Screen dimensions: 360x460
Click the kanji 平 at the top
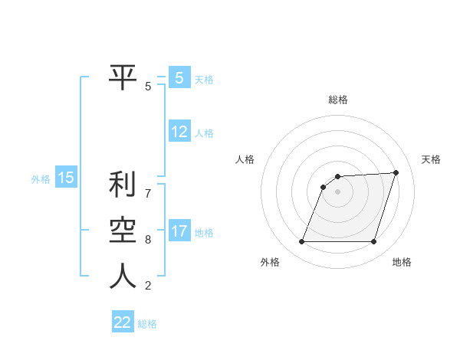click(x=122, y=77)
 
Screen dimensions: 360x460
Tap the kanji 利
click(x=122, y=185)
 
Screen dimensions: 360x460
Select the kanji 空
click(x=122, y=231)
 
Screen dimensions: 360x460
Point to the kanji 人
click(x=122, y=277)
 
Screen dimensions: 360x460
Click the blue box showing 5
click(x=179, y=78)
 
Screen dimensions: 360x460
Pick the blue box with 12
click(x=179, y=132)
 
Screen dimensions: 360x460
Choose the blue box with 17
click(x=179, y=231)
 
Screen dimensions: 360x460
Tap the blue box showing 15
click(x=66, y=178)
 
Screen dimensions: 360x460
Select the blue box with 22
click(x=123, y=322)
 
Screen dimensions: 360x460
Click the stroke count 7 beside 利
click(x=148, y=193)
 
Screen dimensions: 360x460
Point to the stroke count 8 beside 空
click(x=148, y=240)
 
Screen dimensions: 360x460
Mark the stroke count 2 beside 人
click(x=148, y=286)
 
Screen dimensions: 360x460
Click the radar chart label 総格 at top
click(x=338, y=100)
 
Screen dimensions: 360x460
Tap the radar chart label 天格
click(x=431, y=159)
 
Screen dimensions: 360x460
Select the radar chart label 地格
click(x=402, y=263)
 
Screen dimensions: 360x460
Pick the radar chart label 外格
click(x=270, y=263)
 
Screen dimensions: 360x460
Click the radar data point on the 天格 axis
click(x=396, y=172)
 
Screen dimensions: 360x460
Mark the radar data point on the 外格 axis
click(x=302, y=242)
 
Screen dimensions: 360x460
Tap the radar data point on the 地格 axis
click(x=373, y=242)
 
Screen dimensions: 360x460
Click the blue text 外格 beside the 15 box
click(x=41, y=179)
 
